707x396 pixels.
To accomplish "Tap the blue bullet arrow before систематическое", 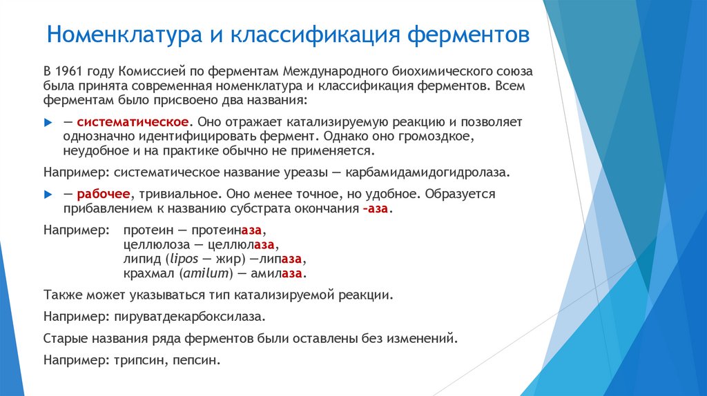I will (48, 121).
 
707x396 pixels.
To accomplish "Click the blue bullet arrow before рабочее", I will (48, 194).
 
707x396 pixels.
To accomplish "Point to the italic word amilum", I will (205, 273).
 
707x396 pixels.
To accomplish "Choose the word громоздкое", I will (439, 136).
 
